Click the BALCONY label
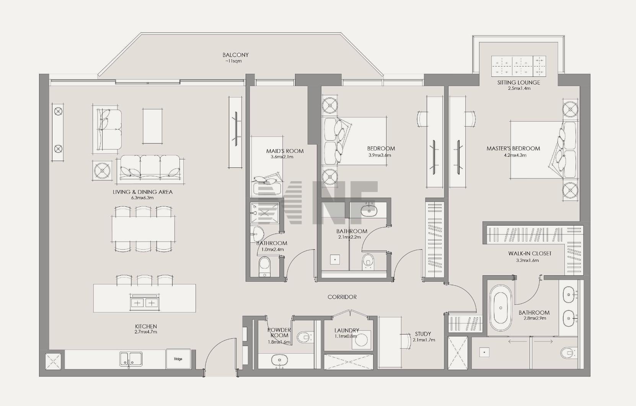click(235, 55)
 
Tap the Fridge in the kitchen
click(178, 359)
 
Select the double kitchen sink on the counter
click(131, 359)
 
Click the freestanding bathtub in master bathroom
click(501, 308)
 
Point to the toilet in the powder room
click(304, 337)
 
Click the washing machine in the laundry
click(361, 339)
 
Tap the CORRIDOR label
click(342, 297)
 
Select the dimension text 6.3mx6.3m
click(142, 198)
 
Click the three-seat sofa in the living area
click(150, 167)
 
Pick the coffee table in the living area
click(152, 126)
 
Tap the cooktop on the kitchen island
click(144, 302)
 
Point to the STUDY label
click(423, 334)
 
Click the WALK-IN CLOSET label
click(530, 253)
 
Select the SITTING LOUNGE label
click(519, 83)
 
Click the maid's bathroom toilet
click(265, 266)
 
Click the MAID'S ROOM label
click(285, 151)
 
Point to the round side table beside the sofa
click(102, 170)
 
